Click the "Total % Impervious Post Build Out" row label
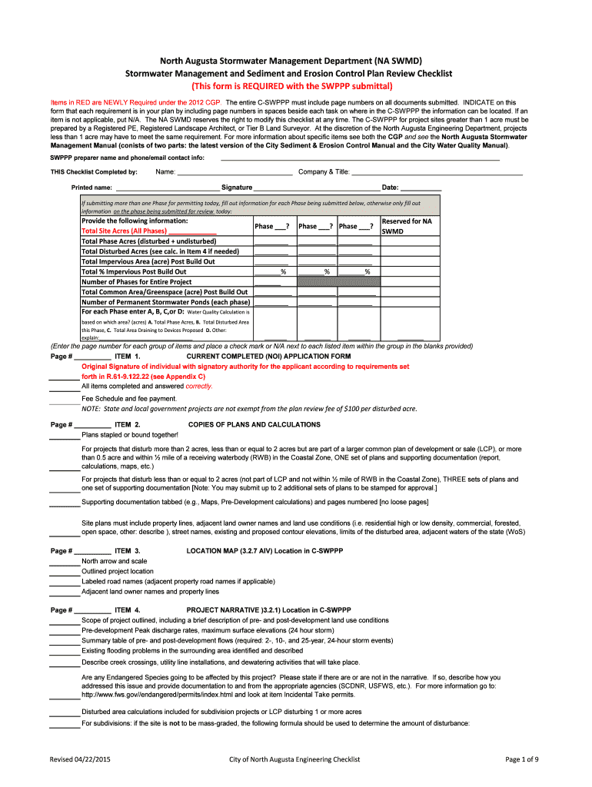point(134,271)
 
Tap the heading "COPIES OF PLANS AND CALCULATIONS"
point(254,424)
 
